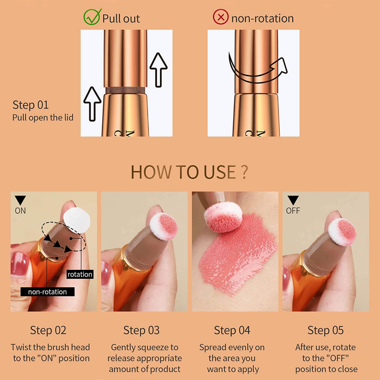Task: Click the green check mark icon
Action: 92,17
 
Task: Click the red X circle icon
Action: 220,17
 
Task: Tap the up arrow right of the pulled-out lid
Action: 158,70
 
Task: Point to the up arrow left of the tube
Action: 92,104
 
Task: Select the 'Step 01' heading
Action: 30,105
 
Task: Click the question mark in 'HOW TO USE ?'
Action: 245,172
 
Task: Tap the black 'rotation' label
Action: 80,274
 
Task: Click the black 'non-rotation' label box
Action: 47,292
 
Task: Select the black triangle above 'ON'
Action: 20,200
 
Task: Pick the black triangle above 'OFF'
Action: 293,200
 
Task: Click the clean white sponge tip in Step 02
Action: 77,220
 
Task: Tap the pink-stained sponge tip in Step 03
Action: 164,226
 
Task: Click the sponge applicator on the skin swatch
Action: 223,217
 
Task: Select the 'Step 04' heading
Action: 232,330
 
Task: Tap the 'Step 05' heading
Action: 325,330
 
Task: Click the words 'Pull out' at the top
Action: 121,19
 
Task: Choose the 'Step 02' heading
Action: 48,330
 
